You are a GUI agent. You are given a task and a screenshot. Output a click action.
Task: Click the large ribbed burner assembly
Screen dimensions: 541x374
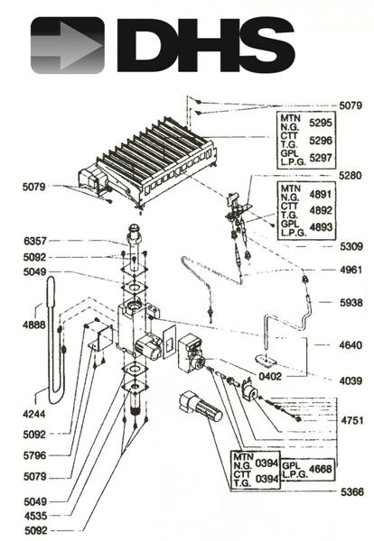tap(154, 162)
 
